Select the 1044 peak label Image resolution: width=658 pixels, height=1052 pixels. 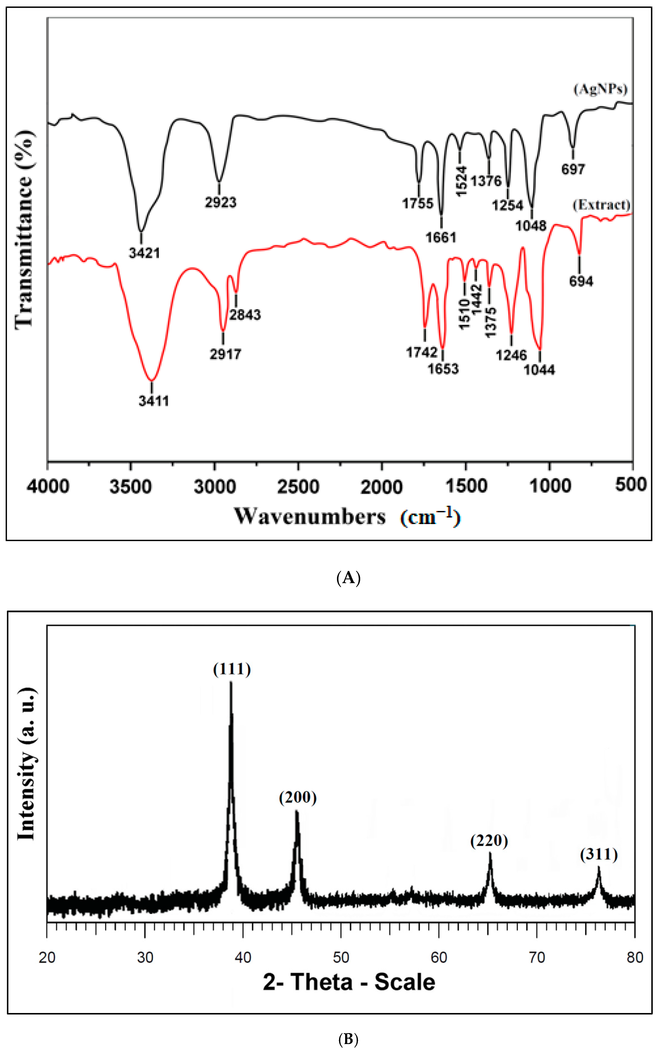(539, 370)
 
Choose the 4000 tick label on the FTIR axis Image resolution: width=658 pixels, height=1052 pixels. (48, 486)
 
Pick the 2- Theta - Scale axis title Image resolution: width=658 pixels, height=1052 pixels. (349, 982)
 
